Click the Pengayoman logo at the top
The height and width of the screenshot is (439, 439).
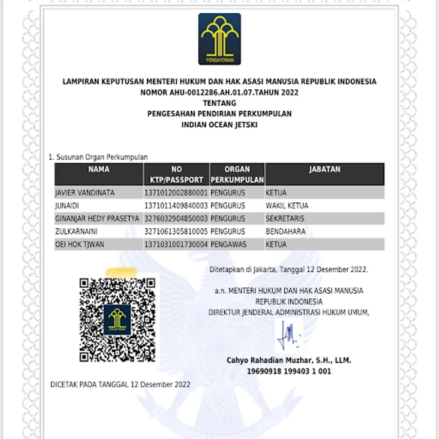[219, 39]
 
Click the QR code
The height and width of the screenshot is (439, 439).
[118, 320]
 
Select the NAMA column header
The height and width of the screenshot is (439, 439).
[99, 169]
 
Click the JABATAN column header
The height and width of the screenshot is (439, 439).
[324, 169]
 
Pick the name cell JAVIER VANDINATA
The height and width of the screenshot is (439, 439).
[85, 193]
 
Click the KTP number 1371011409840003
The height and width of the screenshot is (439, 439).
[176, 206]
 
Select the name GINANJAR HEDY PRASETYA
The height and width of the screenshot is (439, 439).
[98, 219]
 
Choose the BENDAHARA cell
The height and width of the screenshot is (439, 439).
[285, 232]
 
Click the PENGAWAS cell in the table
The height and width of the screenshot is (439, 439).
[228, 244]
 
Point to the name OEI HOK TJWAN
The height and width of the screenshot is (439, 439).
[80, 244]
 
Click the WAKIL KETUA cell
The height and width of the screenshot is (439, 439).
[287, 206]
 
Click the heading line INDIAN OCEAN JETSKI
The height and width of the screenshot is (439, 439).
[219, 124]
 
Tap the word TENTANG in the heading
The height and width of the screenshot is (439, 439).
[219, 103]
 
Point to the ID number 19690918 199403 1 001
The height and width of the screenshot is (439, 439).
[289, 371]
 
